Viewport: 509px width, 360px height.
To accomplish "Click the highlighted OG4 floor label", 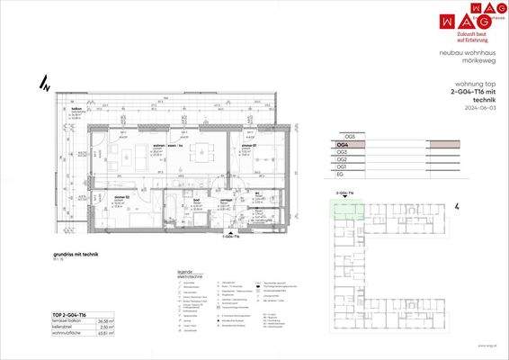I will coord(342,144).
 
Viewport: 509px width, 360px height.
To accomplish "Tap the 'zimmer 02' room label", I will coord(123,196).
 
